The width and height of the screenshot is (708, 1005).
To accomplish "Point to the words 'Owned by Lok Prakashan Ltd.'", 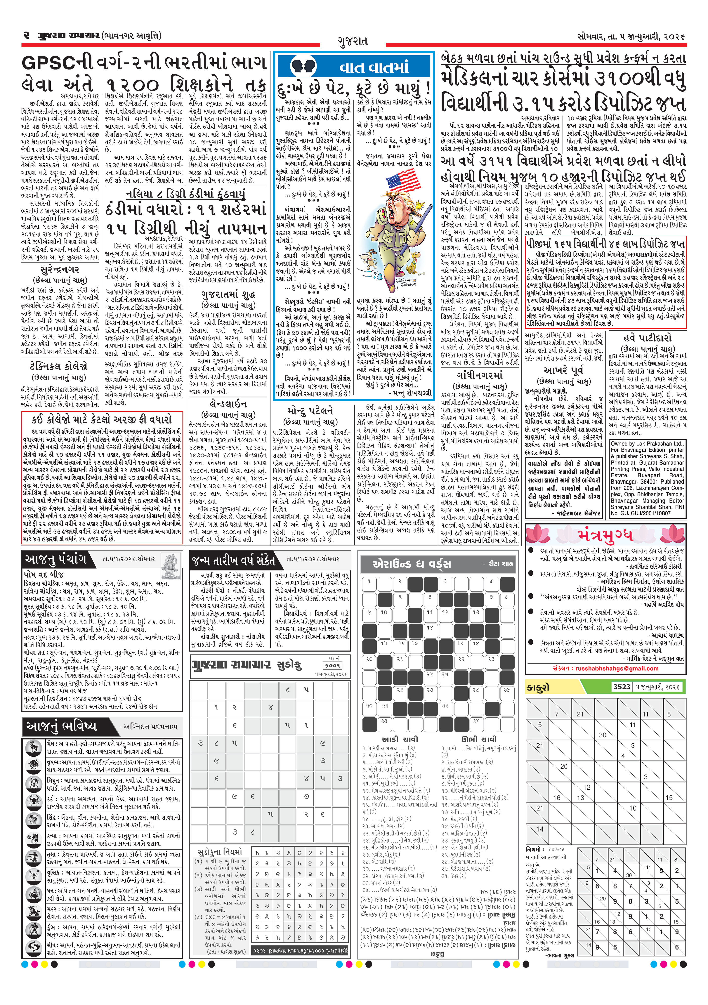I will pos(647,443).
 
